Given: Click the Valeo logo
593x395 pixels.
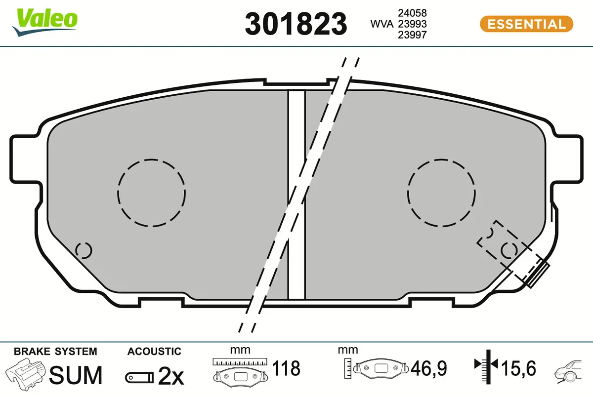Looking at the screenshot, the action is [45, 22].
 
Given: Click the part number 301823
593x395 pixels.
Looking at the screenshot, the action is [296, 24].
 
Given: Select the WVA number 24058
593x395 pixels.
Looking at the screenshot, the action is [412, 13].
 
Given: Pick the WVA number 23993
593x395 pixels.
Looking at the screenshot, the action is [412, 24].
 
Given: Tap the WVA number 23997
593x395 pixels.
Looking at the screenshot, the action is [412, 35].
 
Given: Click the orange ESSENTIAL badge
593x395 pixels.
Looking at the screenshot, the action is [527, 24].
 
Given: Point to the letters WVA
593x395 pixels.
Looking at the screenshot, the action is [381, 24].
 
